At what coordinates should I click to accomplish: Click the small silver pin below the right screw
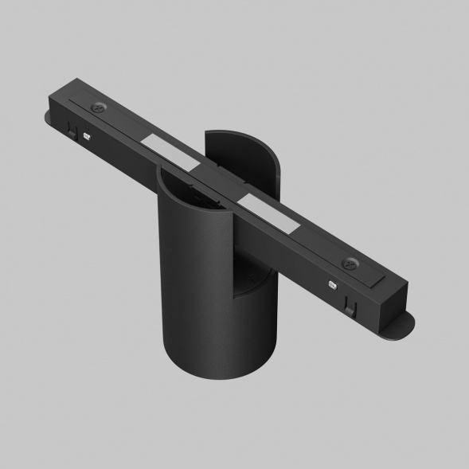point(332,283)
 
